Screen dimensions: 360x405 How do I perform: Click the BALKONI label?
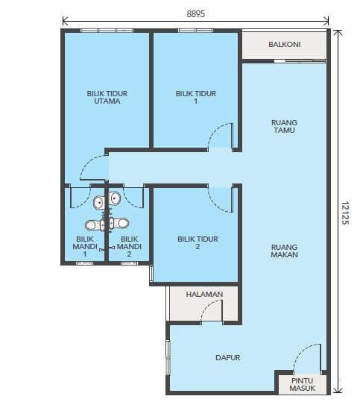(285, 45)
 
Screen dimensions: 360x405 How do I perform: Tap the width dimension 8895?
(195, 13)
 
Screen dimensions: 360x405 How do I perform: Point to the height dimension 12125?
(345, 213)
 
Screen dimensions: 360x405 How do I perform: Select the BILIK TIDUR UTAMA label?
(107, 97)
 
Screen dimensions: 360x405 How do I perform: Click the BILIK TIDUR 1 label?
(196, 97)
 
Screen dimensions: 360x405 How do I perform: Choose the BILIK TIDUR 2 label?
(198, 242)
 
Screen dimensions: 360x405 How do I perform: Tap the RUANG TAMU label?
(285, 126)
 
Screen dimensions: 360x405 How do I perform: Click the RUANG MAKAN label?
(285, 251)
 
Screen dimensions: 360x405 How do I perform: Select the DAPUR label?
(228, 357)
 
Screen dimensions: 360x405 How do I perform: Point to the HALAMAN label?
(205, 294)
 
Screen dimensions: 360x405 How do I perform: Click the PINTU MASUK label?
(302, 384)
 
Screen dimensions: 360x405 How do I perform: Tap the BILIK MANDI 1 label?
(85, 246)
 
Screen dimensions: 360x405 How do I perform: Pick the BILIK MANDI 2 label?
(129, 246)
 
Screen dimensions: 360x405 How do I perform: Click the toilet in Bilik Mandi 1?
(95, 225)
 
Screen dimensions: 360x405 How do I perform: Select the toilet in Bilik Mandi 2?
(119, 223)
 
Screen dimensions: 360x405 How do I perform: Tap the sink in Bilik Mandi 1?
(99, 202)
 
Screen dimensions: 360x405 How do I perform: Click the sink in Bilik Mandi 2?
(114, 198)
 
